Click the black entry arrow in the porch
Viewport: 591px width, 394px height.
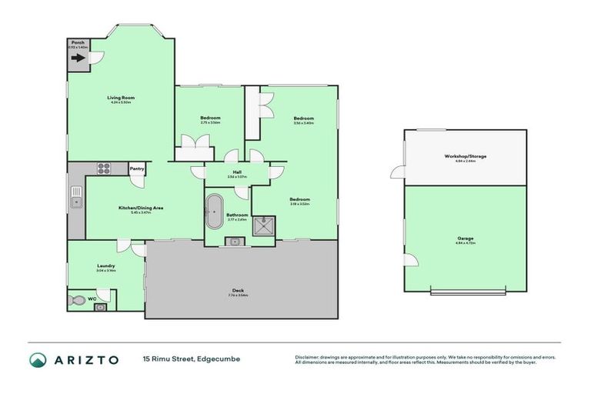click(x=78, y=57)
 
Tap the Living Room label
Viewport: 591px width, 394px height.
click(x=121, y=98)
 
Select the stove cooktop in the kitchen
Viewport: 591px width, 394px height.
click(x=103, y=169)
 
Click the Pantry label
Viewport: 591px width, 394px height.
click(x=137, y=169)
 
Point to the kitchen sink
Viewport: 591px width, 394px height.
click(x=76, y=202)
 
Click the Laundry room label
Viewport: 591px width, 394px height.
click(x=106, y=265)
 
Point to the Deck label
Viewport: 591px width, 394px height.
click(x=241, y=289)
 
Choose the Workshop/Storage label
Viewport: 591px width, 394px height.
click(x=466, y=156)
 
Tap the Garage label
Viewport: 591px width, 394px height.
click(x=466, y=239)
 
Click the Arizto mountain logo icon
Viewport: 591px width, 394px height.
click(x=38, y=359)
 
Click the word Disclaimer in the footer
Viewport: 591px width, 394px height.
click(x=309, y=357)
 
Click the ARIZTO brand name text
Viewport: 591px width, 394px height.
click(x=85, y=359)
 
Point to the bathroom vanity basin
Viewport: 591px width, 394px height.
click(x=233, y=242)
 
